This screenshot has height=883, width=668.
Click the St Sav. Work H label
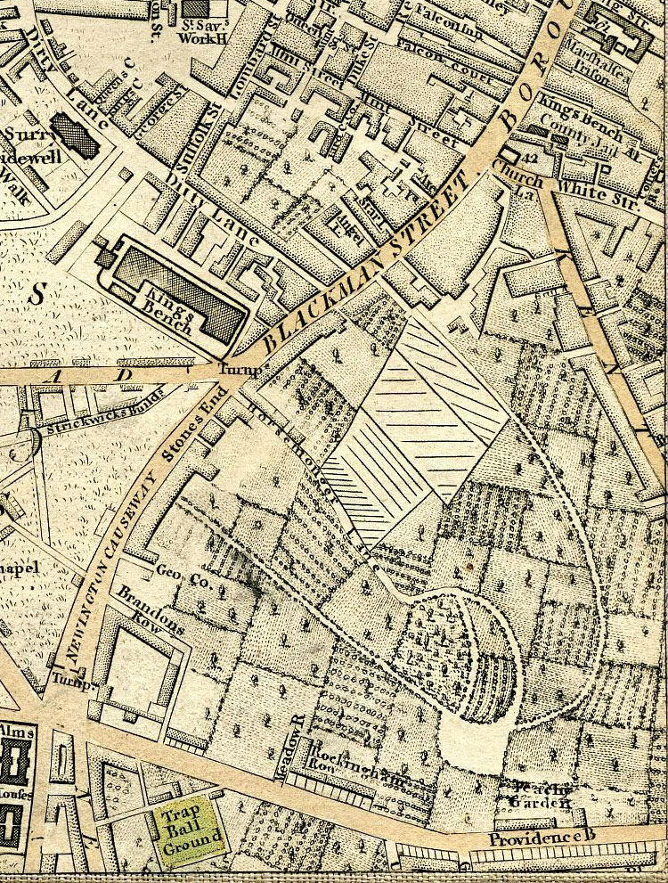[x=207, y=31]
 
